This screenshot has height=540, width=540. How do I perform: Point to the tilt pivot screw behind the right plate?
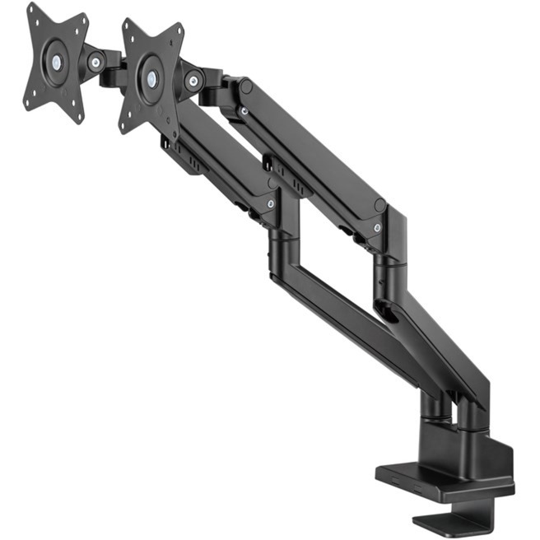point(195,80)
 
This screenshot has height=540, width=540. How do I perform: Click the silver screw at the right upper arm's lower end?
point(376,228)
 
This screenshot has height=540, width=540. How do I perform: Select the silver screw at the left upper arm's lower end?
point(271,203)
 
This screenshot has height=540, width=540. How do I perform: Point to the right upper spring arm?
point(313,156)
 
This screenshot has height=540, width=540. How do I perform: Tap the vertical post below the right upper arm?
point(386,263)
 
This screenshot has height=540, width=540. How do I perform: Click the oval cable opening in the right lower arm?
point(387,313)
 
